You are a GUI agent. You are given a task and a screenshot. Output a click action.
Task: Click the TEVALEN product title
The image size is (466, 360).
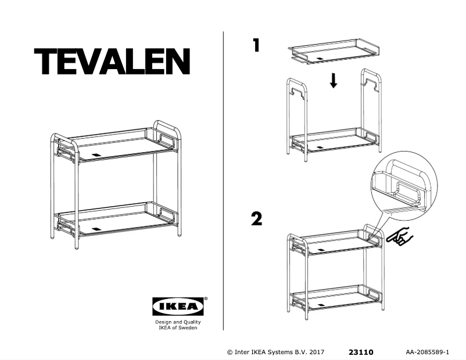pos(112,61)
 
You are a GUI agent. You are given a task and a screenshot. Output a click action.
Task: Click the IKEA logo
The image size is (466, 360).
pos(178,306)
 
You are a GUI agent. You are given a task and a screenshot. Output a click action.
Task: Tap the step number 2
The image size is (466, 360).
pos(256,219)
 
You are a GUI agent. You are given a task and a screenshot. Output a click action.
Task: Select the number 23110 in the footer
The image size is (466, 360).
pos(361,352)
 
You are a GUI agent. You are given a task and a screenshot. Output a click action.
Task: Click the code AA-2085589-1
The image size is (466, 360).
pos(431,352)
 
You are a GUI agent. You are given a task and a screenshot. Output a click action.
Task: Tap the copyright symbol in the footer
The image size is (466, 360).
pos(230,352)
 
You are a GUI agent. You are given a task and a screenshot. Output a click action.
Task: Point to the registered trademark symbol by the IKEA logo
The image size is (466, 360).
pos(206,299)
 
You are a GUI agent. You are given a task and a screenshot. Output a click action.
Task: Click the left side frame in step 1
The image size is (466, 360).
pos(296,116)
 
